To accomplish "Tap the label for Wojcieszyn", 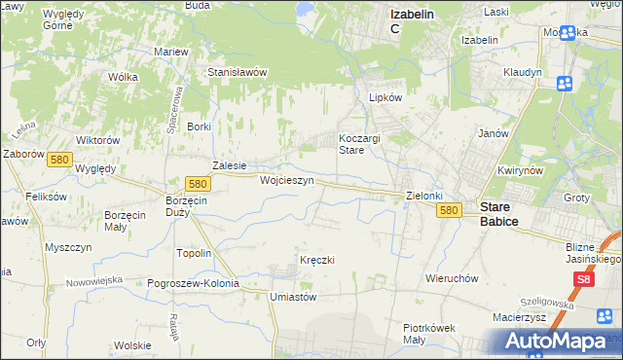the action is pyautogui.click(x=286, y=181).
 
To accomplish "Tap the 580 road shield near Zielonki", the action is pyautogui.click(x=448, y=210).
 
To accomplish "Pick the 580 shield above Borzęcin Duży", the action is pyautogui.click(x=198, y=183).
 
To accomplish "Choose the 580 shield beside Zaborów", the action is pyautogui.click(x=59, y=160).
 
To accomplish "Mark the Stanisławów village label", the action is pyautogui.click(x=238, y=72).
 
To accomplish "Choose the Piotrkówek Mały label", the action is pyautogui.click(x=429, y=334).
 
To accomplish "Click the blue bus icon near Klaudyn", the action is pyautogui.click(x=564, y=84).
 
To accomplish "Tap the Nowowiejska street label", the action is pyautogui.click(x=94, y=280).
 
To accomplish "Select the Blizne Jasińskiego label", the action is pyautogui.click(x=593, y=253).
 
